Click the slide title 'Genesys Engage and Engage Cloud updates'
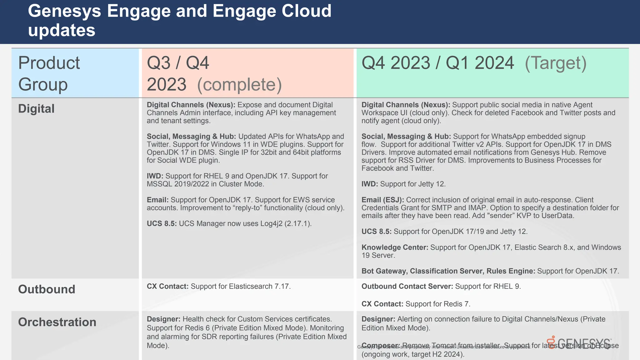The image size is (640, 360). click(180, 20)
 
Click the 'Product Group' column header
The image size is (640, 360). click(49, 73)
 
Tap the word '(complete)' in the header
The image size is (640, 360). click(239, 84)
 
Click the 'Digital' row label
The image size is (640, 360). click(36, 109)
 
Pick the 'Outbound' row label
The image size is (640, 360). click(47, 289)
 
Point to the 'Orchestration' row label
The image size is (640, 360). click(57, 322)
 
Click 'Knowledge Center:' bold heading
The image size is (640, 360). click(395, 247)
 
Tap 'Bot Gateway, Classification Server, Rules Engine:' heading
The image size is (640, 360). click(448, 271)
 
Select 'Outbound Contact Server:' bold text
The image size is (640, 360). click(407, 287)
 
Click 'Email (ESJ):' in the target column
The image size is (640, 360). click(382, 200)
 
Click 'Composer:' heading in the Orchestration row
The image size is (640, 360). click(380, 346)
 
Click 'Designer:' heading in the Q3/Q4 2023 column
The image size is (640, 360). click(163, 319)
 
